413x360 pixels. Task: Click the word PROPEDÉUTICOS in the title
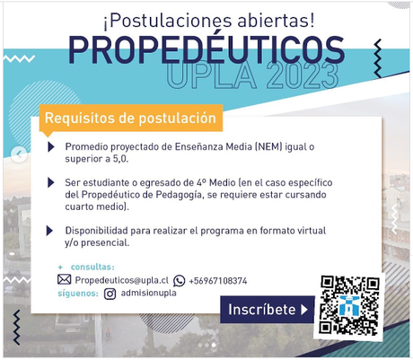coord(206,51)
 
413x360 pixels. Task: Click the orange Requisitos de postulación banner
coord(130,118)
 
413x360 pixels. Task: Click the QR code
coord(349,304)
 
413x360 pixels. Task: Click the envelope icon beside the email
coord(64,280)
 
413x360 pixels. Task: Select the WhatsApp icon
coord(180,280)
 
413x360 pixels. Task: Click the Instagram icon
coord(110,293)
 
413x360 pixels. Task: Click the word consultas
coord(92,267)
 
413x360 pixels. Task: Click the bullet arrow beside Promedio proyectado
coord(51,146)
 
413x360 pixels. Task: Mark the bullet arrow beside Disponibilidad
coord(51,230)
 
